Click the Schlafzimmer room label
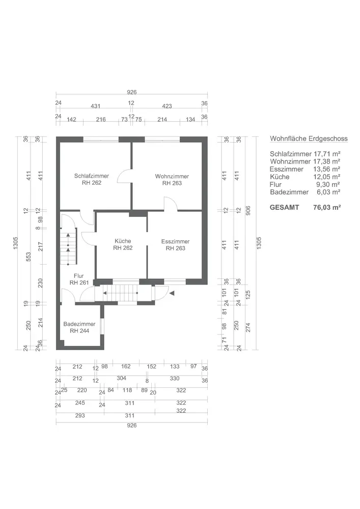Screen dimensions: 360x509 coord(92,176)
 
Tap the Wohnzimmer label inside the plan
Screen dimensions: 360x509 coord(172,176)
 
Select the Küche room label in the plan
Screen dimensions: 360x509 coord(123,241)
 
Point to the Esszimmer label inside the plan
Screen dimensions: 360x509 coord(175,241)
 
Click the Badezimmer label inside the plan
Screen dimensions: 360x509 coord(79,324)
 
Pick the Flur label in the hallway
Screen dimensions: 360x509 coord(78,276)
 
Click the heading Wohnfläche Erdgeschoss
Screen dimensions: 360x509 coord(309,138)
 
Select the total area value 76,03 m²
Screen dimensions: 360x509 coord(327,208)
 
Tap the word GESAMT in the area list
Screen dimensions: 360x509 coord(284,208)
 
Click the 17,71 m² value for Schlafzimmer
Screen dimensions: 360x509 coord(326,154)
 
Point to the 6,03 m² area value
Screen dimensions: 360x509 coord(328,192)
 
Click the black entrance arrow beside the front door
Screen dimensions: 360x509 coord(172,293)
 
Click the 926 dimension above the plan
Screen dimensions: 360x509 coord(132,92)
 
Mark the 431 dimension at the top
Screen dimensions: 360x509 coord(95,106)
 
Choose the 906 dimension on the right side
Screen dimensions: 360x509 coord(248,211)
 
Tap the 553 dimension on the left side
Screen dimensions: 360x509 coord(28,257)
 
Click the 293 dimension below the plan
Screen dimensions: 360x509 coord(80,415)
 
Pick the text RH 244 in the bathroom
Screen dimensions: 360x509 coord(79,331)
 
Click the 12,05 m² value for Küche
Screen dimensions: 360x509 coord(326,177)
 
